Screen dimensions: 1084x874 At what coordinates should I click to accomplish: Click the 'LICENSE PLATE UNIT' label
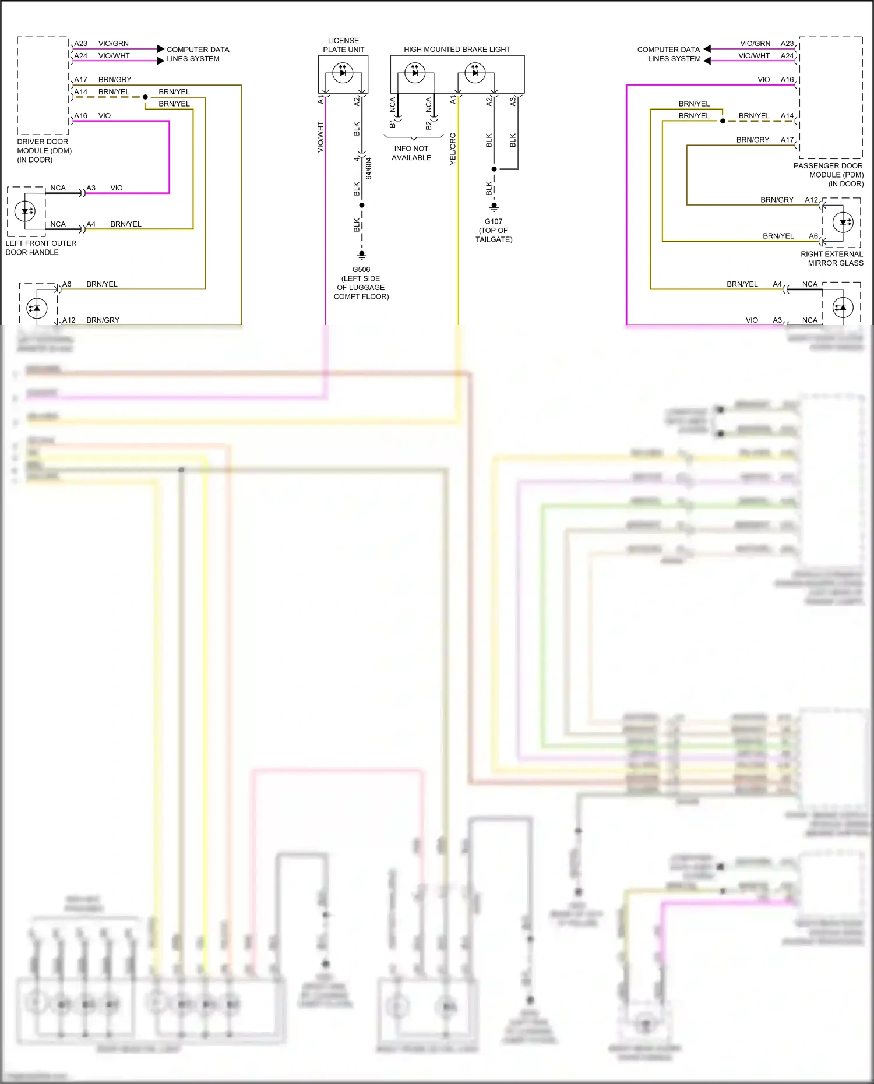click(x=343, y=45)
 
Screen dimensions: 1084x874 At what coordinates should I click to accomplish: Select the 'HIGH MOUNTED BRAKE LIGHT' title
click(x=456, y=50)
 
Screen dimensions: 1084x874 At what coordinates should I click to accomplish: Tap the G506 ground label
click(x=361, y=270)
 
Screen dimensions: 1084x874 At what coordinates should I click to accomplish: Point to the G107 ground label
click(x=493, y=221)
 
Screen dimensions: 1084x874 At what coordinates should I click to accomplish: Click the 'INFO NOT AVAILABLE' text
click(x=411, y=153)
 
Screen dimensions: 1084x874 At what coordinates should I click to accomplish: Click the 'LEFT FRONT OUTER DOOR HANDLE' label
click(x=40, y=248)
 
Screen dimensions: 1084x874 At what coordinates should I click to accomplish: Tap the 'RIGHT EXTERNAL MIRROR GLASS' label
click(x=831, y=259)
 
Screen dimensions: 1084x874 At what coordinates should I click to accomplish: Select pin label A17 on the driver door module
click(x=80, y=80)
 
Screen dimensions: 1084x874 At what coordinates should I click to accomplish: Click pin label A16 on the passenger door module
click(x=787, y=80)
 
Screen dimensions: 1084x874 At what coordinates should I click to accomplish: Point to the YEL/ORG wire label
click(x=453, y=149)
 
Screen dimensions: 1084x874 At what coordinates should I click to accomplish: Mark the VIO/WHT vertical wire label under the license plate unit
click(x=320, y=137)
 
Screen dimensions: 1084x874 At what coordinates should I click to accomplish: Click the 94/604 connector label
click(x=369, y=168)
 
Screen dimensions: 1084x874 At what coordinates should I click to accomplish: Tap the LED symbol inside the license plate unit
click(x=343, y=73)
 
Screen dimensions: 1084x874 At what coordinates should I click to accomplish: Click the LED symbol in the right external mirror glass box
click(x=843, y=222)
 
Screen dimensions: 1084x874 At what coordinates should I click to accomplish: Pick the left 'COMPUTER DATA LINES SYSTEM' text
click(x=198, y=54)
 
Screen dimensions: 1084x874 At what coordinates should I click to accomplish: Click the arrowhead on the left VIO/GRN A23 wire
click(x=161, y=49)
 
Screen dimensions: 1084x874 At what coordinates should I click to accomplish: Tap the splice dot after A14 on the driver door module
click(x=145, y=97)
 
